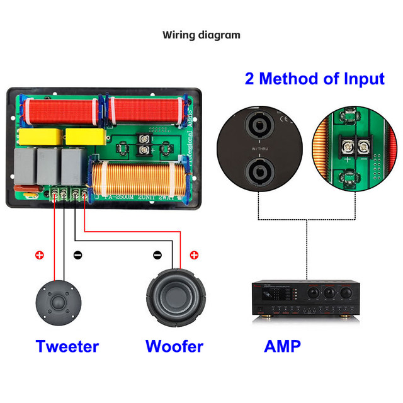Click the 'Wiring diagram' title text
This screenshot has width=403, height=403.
(201, 35)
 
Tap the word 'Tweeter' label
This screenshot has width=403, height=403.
(67, 346)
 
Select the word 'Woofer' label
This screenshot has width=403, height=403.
(174, 346)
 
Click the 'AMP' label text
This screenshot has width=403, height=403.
(282, 346)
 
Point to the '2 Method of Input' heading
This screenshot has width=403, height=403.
(314, 79)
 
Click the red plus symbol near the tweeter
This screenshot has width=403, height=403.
(40, 255)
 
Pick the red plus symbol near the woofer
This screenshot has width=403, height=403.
(194, 255)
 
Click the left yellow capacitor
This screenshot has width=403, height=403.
(40, 137)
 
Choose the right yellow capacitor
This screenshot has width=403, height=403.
(82, 137)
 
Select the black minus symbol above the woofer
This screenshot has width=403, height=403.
(158, 255)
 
